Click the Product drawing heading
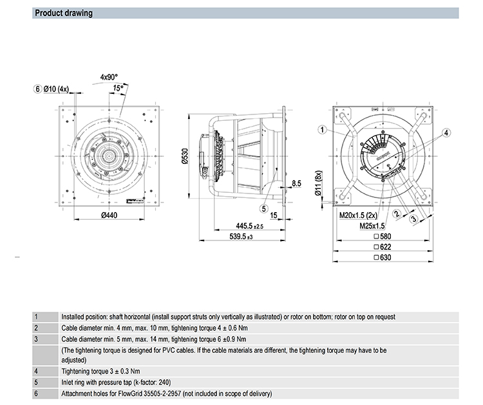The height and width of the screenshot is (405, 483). (x=63, y=13)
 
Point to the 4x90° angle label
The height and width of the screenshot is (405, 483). (x=109, y=76)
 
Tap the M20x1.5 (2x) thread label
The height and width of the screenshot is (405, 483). (x=361, y=217)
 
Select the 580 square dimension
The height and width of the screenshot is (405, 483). (x=382, y=237)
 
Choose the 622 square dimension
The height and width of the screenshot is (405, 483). (x=382, y=247)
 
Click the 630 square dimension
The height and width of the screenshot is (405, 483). (x=382, y=257)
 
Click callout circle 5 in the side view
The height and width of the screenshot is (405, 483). (x=264, y=208)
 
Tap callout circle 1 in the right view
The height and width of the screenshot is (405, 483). (x=322, y=129)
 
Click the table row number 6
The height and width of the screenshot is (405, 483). (x=36, y=393)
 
